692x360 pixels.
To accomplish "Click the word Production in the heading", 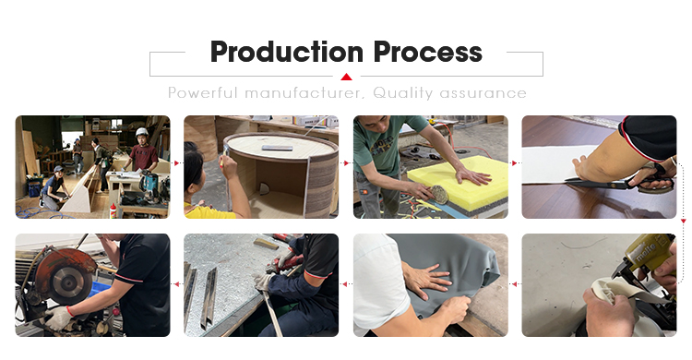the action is pos(287,52).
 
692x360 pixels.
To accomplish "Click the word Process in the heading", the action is pos(427,52).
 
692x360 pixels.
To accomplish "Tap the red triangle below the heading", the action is pos(346,77).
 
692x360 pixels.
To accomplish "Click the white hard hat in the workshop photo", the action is pos(142,132).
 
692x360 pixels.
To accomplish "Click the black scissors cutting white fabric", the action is pos(618,180).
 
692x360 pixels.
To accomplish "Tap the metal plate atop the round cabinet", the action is pos(277,148).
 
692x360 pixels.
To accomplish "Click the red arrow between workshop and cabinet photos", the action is pos(176,163).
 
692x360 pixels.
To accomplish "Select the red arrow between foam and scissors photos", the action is pos(514,163).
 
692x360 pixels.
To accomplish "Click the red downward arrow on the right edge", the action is pos(683,221).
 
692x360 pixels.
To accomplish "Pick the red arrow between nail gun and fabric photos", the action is pos(514,284).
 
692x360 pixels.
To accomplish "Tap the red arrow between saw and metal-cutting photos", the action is pos(177,284).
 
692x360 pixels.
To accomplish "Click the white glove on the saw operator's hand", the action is pos(59,318).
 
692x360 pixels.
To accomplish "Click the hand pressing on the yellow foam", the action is pos(473,175).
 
